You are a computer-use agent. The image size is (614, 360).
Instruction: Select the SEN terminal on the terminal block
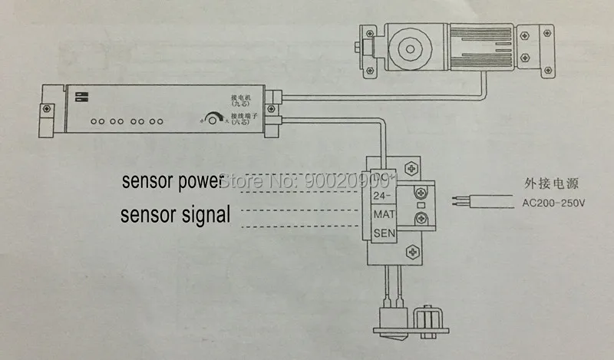pos(384,232)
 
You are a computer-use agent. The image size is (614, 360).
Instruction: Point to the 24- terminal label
pos(382,196)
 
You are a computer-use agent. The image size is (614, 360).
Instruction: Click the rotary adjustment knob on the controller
pos(210,119)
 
